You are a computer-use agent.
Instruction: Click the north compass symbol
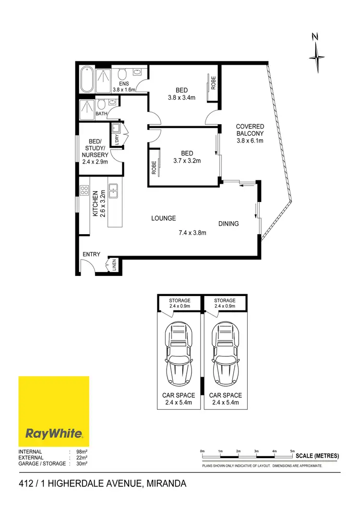(x=317, y=57)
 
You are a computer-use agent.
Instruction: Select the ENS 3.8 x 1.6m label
(x=124, y=86)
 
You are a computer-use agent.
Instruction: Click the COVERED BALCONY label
(x=250, y=133)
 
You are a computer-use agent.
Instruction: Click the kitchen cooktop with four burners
(x=84, y=190)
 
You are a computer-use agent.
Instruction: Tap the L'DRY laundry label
(x=116, y=140)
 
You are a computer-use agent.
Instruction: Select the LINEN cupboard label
(x=114, y=265)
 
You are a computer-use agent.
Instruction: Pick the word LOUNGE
(x=164, y=218)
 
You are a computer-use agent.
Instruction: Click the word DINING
(x=229, y=224)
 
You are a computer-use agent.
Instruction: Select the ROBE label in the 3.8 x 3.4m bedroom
(x=214, y=83)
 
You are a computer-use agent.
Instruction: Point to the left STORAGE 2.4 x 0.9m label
(x=180, y=303)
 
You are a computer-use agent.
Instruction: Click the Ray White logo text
(x=54, y=434)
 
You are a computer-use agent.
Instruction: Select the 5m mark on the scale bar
(x=293, y=451)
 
